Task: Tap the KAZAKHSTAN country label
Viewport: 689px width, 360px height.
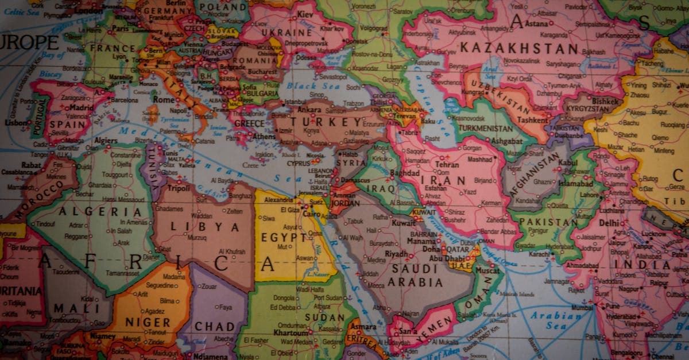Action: coord(519,48)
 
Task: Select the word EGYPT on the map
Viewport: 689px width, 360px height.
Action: coord(284,237)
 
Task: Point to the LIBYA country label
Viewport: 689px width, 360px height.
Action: coord(196,227)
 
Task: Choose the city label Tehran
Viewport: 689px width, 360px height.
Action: coord(447,164)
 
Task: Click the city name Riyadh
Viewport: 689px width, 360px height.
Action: coord(396,253)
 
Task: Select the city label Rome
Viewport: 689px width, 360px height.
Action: coord(164,99)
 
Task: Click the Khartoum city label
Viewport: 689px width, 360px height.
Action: coord(291,332)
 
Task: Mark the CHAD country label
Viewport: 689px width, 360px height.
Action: coord(215,326)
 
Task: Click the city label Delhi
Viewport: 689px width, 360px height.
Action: coord(609,222)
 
